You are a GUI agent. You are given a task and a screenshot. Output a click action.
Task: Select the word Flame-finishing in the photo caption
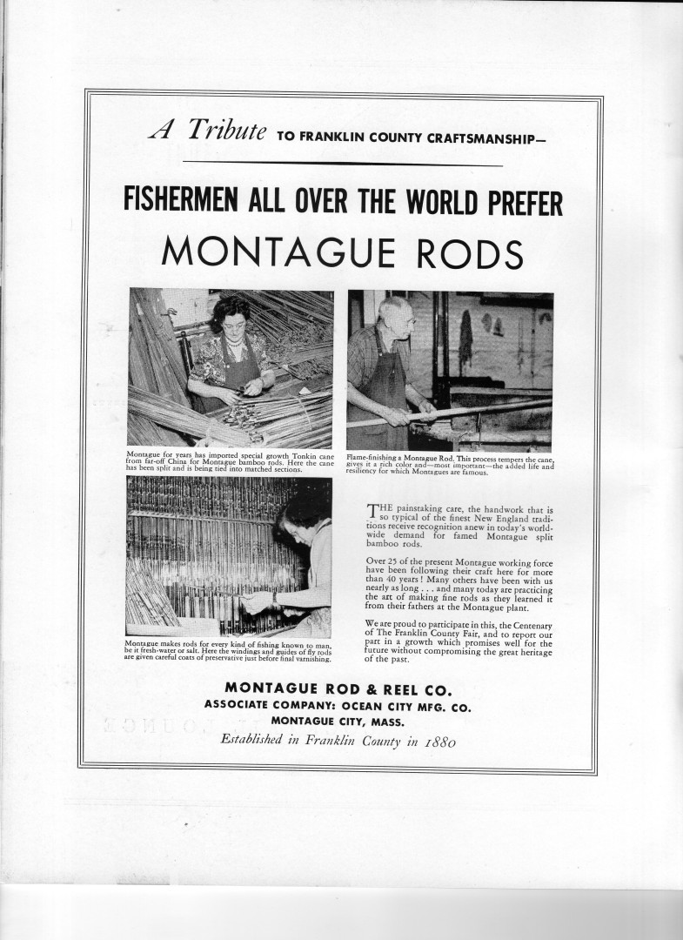[x=370, y=459]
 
